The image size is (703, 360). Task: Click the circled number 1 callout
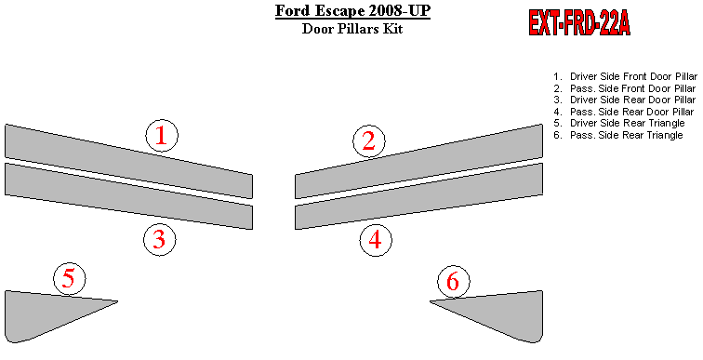[x=162, y=136]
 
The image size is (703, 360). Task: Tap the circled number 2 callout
[x=369, y=141]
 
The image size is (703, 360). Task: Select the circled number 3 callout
[x=160, y=240]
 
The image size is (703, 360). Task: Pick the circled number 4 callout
[x=376, y=240]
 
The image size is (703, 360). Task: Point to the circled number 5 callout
[x=70, y=279]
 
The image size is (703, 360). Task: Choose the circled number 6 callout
[x=454, y=282]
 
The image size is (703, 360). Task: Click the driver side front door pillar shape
[x=128, y=161]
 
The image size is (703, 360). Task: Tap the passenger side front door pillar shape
[x=418, y=161]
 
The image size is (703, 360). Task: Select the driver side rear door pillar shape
[x=128, y=196]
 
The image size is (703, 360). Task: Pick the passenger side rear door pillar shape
[x=418, y=196]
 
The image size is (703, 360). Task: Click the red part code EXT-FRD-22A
[x=579, y=22]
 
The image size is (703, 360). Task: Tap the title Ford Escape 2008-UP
[x=352, y=11]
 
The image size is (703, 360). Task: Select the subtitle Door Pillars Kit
[x=352, y=29]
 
